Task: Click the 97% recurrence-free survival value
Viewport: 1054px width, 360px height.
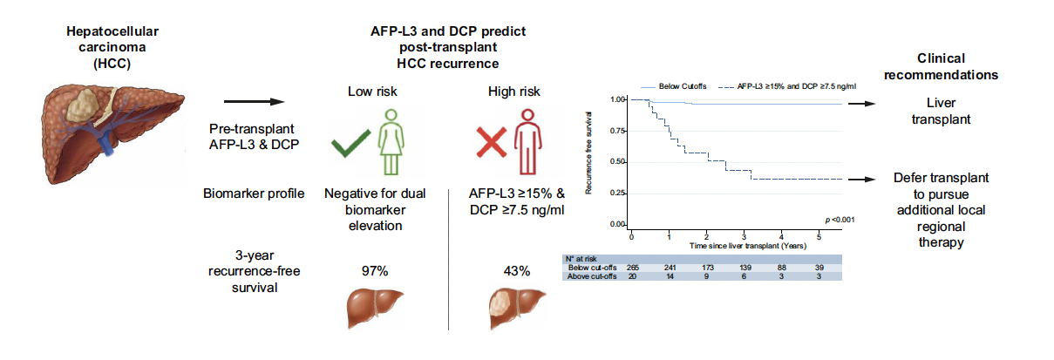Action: (x=374, y=271)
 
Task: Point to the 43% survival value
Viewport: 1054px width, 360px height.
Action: (x=516, y=271)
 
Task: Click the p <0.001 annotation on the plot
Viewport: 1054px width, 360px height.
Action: (x=838, y=219)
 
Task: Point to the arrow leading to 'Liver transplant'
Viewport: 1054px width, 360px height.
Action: (x=860, y=103)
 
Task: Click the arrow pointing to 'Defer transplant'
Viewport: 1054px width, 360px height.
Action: (x=860, y=179)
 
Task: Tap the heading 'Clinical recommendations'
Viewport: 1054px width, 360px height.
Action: (x=952, y=66)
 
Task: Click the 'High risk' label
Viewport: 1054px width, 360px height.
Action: (x=515, y=92)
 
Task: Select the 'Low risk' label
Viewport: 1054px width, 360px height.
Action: (x=373, y=92)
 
